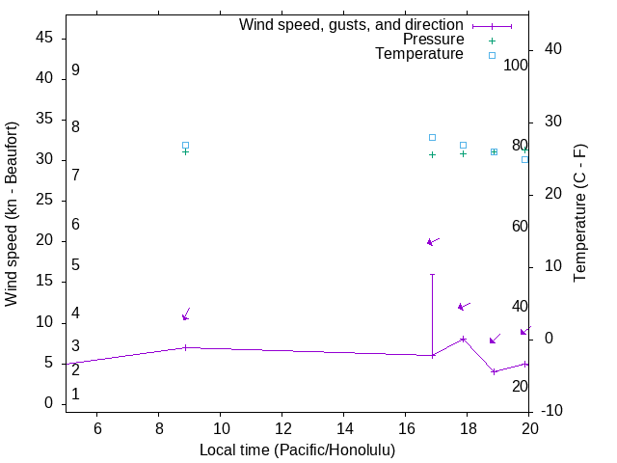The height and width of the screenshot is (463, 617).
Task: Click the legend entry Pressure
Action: point(433,40)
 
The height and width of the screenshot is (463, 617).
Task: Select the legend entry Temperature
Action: point(419,54)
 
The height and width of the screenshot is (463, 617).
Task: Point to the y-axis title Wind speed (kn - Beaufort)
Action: point(12,214)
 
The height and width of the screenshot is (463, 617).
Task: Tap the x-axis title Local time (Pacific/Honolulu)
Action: point(297,450)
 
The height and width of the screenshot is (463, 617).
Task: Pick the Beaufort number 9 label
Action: point(75,70)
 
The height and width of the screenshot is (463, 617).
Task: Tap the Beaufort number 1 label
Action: point(75,395)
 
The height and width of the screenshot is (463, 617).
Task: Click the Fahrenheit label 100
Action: point(516,65)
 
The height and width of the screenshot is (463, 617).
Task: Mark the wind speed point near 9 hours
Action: point(185,347)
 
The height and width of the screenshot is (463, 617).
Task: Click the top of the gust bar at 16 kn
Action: point(432,274)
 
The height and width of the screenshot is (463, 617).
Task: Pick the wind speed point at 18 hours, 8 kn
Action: point(464,339)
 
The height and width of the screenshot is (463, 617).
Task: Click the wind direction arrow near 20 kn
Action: point(433,241)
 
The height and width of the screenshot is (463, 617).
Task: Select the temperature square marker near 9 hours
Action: point(185,145)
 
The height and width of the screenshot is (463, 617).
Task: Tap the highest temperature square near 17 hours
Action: point(432,137)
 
